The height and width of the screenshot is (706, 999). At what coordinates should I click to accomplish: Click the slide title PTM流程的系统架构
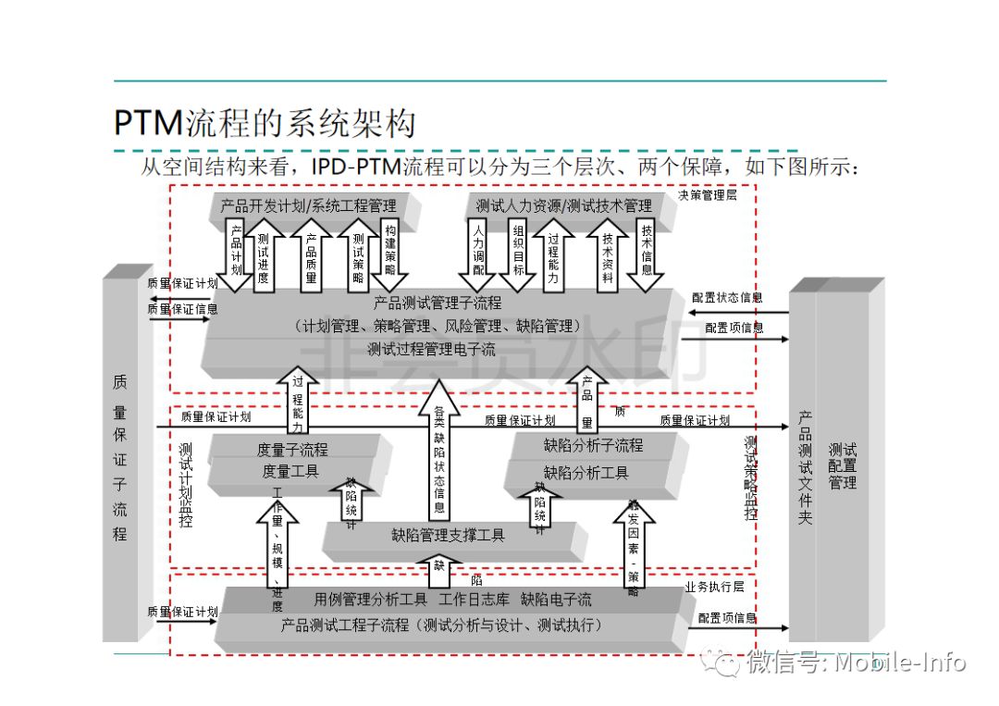(x=265, y=122)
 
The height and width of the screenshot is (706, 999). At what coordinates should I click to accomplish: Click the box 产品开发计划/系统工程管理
(x=308, y=205)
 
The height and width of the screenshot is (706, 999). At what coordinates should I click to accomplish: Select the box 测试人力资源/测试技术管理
(x=563, y=205)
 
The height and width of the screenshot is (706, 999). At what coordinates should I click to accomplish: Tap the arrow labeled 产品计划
(x=237, y=253)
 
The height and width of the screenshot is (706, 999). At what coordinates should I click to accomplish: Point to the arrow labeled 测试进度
(x=264, y=253)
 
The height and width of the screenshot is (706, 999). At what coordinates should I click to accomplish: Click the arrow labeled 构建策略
(x=390, y=253)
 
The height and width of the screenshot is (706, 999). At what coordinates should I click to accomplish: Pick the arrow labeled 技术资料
(x=608, y=253)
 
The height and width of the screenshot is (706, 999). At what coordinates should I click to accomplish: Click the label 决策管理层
(x=708, y=196)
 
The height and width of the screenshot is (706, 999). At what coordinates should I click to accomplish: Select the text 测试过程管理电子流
(x=431, y=350)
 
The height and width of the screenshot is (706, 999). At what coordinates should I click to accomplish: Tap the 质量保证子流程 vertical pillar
(x=120, y=457)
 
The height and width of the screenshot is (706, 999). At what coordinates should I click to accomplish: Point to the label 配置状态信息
(x=727, y=298)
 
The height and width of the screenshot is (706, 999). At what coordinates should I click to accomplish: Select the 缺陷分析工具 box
(x=586, y=473)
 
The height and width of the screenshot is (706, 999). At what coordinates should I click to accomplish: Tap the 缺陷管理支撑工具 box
(x=448, y=535)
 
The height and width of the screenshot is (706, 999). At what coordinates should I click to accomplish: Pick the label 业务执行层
(x=714, y=587)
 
